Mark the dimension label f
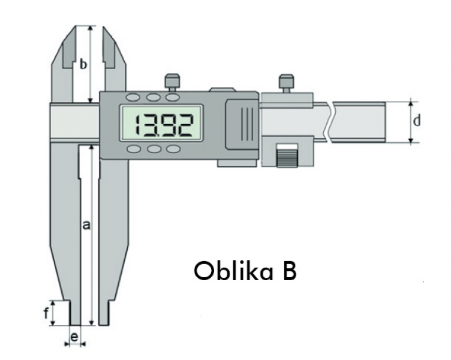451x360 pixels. (47, 313)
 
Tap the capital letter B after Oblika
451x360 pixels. (287, 271)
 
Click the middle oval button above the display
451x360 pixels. (154, 97)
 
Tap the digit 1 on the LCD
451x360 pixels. (136, 125)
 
